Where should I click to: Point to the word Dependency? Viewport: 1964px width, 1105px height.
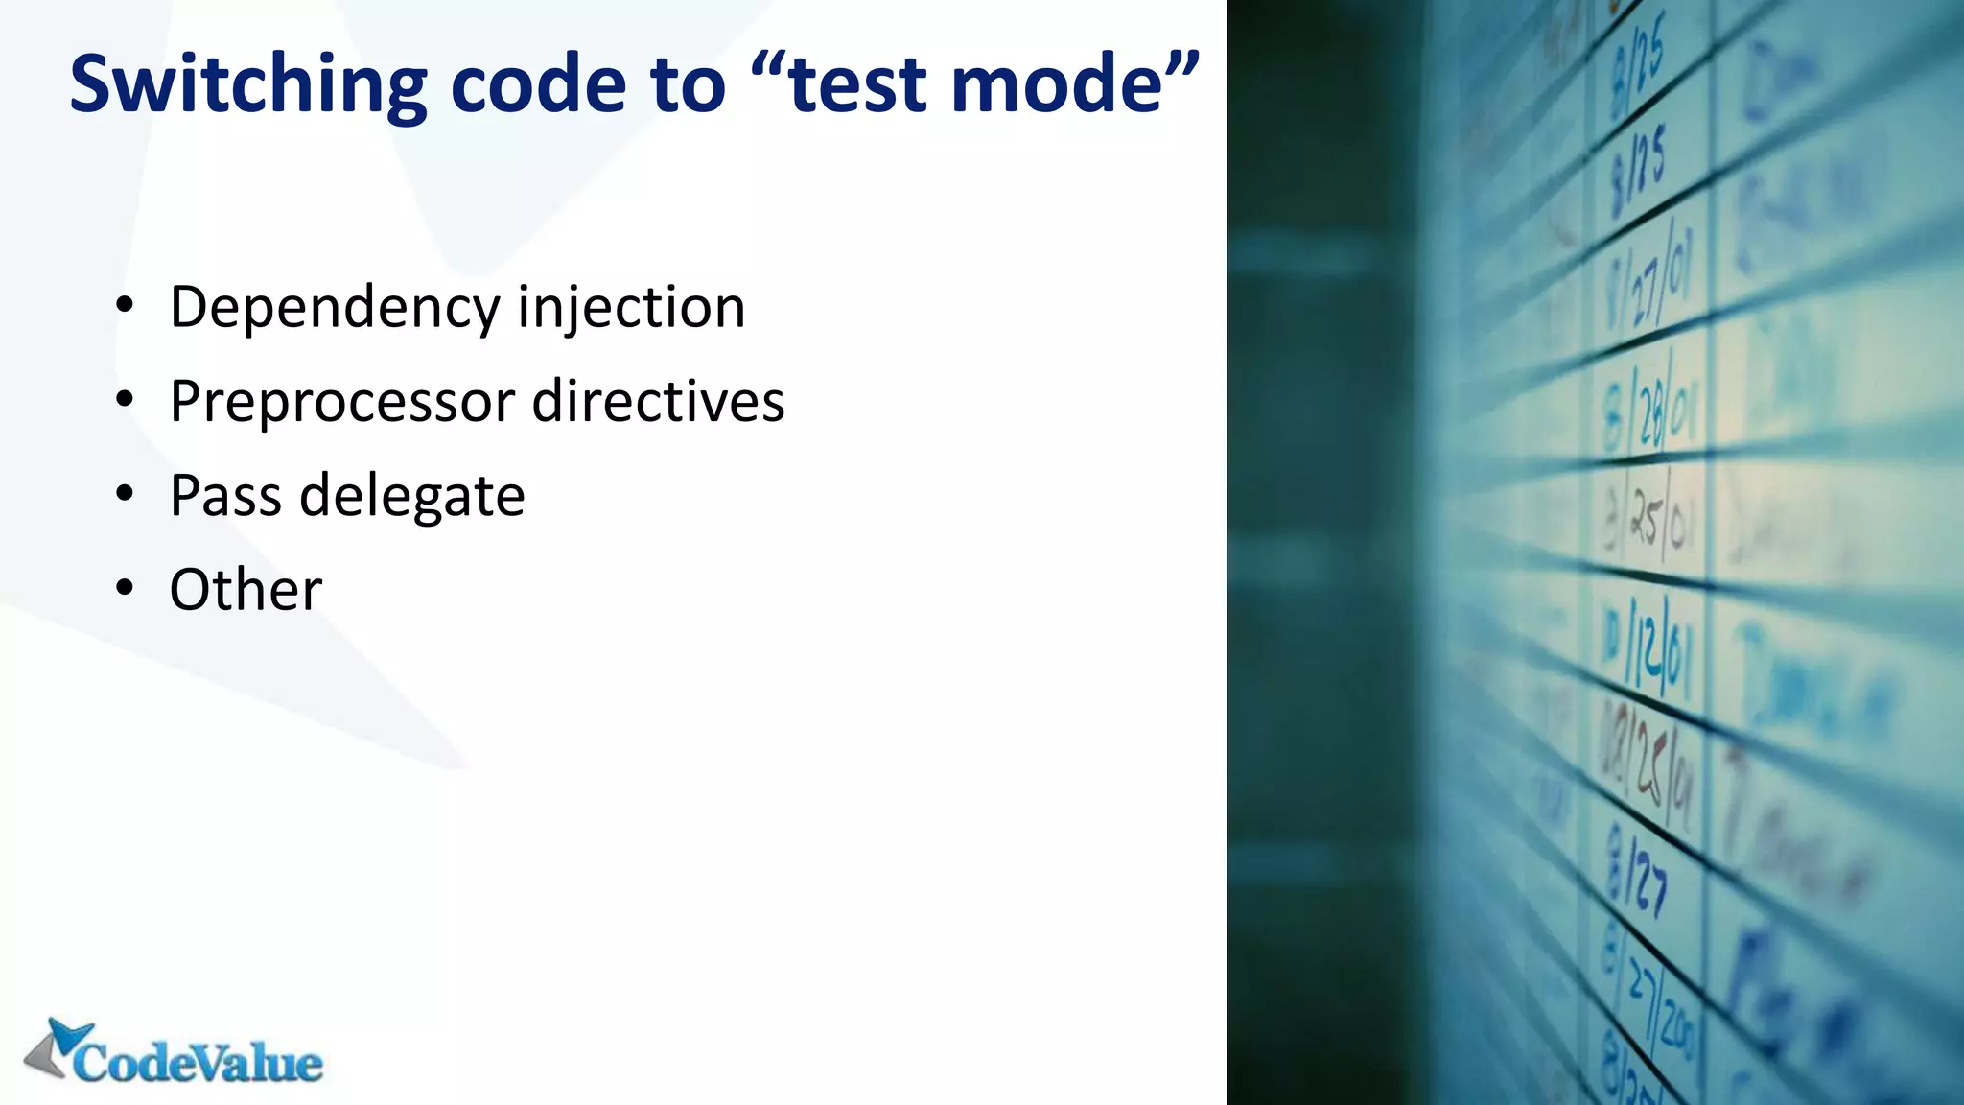point(335,309)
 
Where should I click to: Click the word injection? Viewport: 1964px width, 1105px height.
point(631,309)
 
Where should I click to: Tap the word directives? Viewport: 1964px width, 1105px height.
point(659,402)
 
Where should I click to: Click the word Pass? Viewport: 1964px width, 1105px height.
point(225,496)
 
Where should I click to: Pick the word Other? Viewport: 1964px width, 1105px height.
point(245,590)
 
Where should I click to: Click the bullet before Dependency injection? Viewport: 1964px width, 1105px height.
point(125,307)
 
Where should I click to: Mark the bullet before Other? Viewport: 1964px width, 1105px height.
point(125,589)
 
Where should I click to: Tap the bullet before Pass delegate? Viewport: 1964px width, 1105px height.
point(125,495)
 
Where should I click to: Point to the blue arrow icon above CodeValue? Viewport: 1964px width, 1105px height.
point(69,1036)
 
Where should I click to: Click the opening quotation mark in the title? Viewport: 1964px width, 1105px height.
point(767,67)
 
